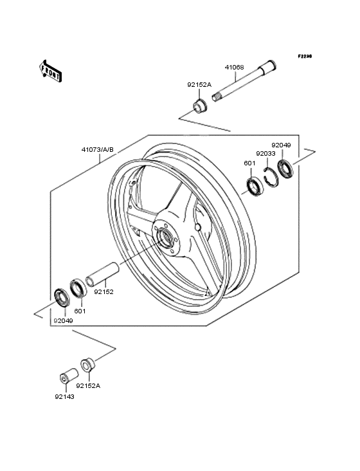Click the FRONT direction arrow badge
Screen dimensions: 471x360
pos(51,70)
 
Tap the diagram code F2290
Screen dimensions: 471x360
pos(304,57)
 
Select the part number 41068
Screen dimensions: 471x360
pos(233,67)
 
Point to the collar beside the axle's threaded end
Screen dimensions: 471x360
pos(199,104)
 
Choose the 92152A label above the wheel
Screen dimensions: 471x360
pos(199,84)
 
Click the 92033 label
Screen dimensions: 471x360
pos(265,154)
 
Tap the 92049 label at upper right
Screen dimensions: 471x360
pos(281,145)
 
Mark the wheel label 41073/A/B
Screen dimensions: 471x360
pos(97,150)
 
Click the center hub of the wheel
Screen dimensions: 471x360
pos(166,237)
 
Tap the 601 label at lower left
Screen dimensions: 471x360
pos(80,311)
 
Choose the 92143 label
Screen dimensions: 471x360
pos(64,397)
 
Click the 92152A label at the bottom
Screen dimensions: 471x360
pos(89,386)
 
